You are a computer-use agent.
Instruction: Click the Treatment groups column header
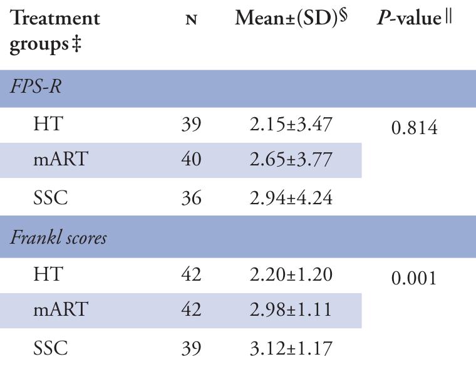coord(54,31)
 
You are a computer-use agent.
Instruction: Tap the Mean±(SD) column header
coord(291,18)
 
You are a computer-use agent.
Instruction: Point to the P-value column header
coord(416,19)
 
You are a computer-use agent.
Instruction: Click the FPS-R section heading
coord(35,88)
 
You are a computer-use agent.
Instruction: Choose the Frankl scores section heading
coord(58,239)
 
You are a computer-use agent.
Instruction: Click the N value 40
coord(191,160)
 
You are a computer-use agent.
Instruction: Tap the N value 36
coord(191,199)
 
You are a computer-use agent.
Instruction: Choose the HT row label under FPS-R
coord(48,125)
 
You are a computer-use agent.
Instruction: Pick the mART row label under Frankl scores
coord(60,310)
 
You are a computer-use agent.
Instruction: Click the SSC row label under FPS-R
coord(50,199)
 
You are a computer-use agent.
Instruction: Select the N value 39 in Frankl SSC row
coord(191,348)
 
